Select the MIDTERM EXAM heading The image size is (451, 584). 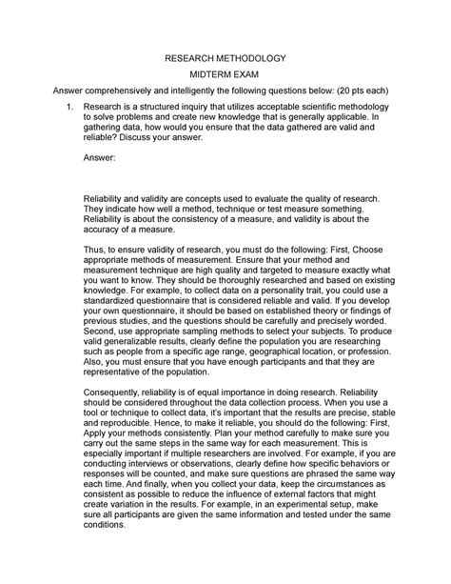tap(225, 76)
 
